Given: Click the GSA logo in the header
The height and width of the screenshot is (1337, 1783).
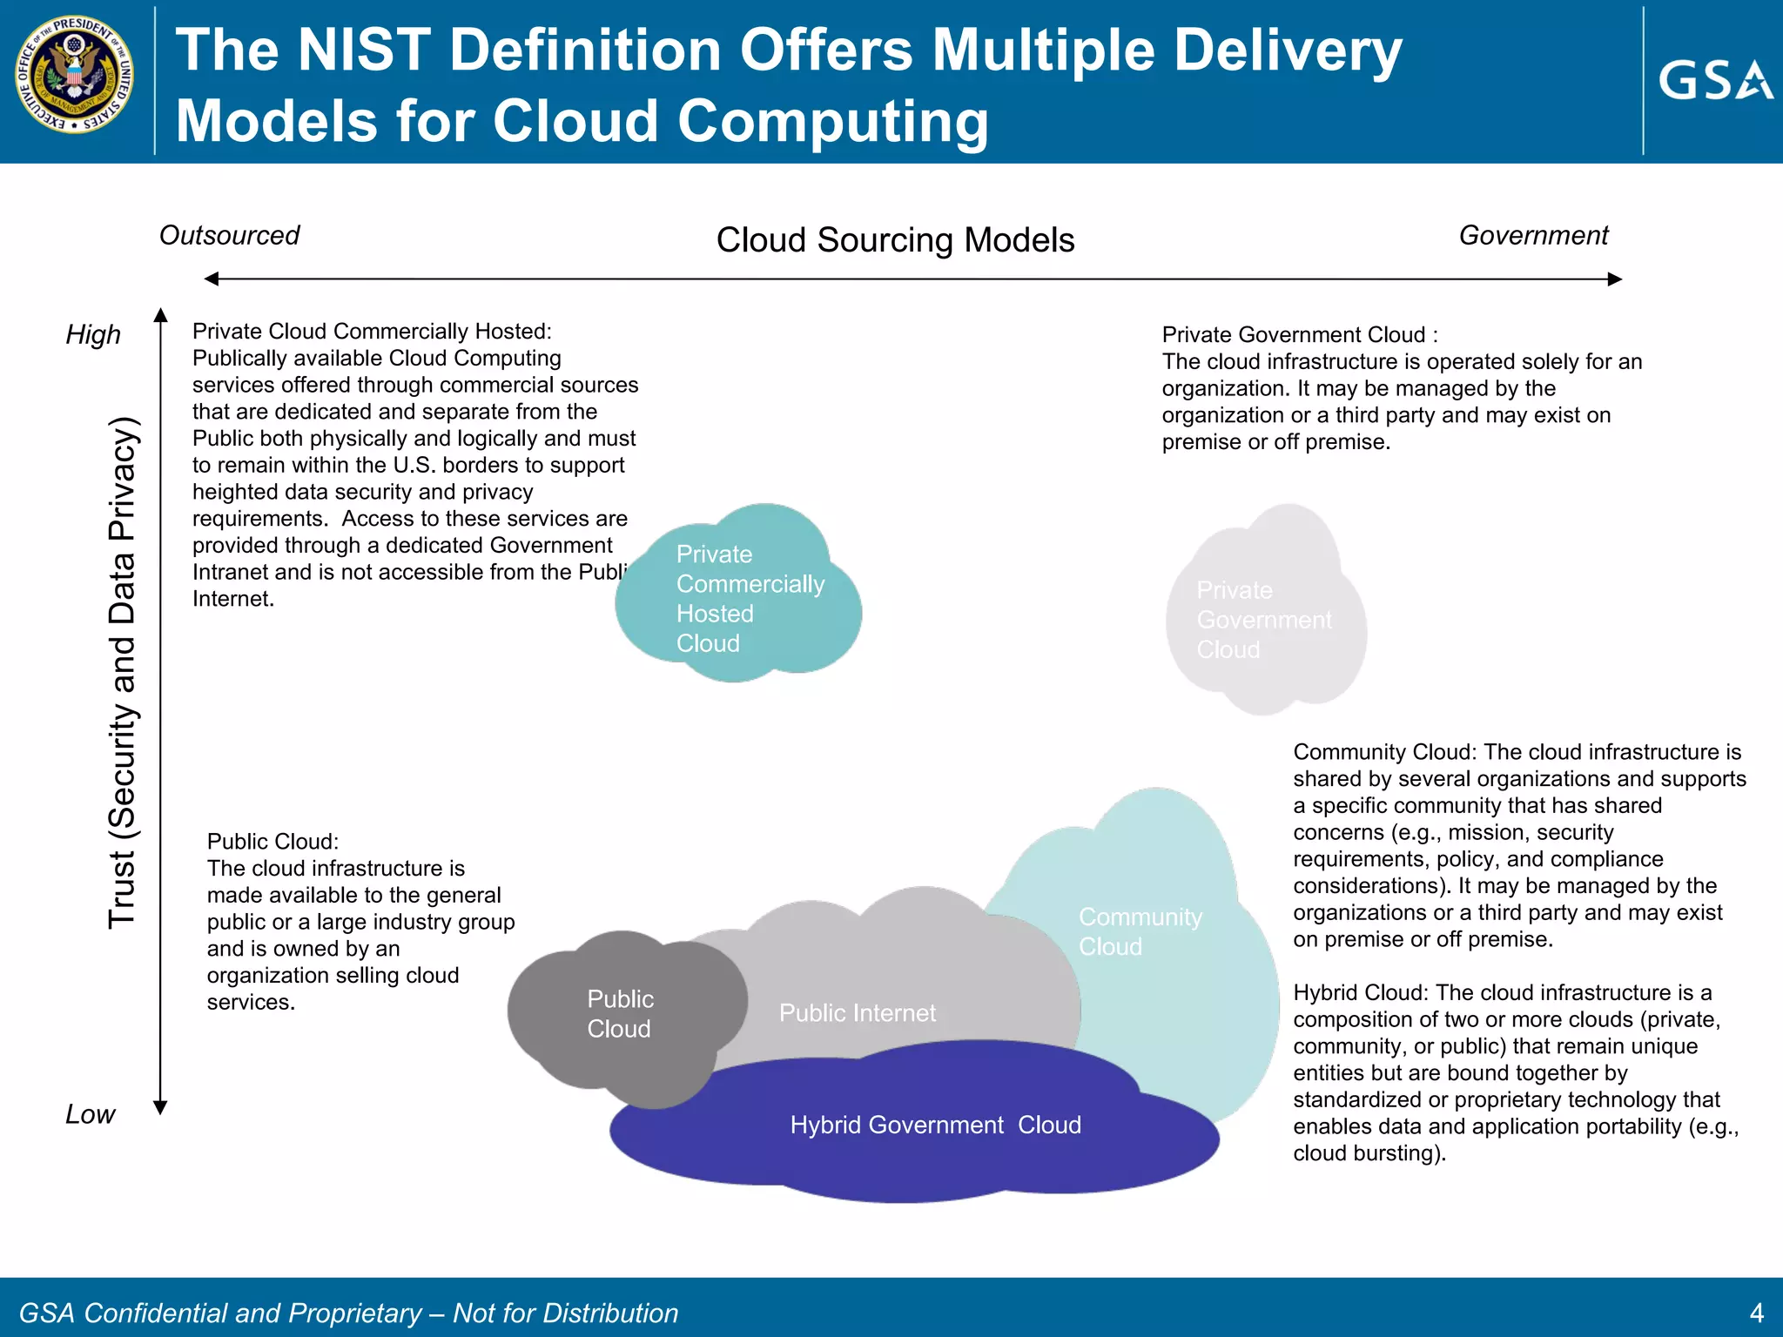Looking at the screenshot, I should click(1714, 80).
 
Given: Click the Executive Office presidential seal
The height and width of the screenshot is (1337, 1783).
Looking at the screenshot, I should click(76, 75).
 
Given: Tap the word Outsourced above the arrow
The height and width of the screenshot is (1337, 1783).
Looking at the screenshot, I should click(229, 235).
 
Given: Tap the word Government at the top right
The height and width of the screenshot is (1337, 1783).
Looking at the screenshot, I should click(1533, 235).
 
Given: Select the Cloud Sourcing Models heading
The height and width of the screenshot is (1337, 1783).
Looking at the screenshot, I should click(895, 240).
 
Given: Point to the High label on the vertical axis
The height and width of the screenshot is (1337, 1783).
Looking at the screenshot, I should click(93, 335).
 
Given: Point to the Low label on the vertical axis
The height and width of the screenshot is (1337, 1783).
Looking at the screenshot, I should click(90, 1114).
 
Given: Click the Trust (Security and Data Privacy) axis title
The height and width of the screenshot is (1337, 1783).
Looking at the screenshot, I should click(122, 672).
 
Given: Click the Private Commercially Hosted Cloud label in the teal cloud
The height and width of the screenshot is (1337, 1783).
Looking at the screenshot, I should click(749, 599).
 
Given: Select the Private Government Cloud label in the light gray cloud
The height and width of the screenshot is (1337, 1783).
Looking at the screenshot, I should click(1262, 620).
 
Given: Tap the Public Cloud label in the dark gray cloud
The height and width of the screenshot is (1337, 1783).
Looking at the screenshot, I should click(620, 1014).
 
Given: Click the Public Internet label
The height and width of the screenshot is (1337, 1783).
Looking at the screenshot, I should click(857, 1013).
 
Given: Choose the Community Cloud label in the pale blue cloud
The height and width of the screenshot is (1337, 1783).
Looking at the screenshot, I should click(1140, 931).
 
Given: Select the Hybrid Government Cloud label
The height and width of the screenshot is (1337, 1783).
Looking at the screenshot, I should click(935, 1125).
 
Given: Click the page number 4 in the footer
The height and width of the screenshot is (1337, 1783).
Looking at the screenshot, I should click(1756, 1313).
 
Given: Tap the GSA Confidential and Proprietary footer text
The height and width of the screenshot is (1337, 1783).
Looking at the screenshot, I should click(348, 1313).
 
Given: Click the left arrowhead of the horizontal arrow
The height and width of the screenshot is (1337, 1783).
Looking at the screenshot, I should click(212, 279).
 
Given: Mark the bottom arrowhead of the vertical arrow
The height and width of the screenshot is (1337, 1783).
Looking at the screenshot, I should click(160, 1107).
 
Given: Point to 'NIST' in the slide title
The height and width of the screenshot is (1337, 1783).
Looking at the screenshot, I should click(364, 50).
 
